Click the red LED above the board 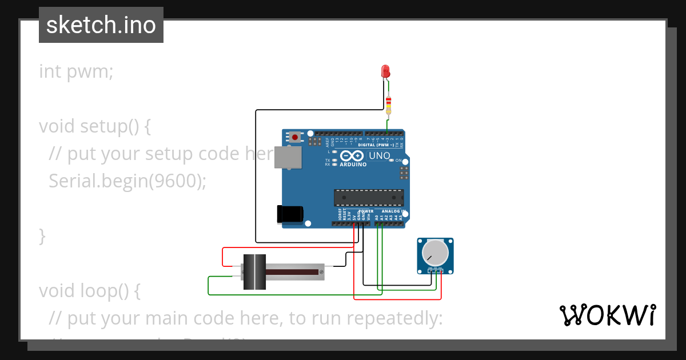[x=385, y=71]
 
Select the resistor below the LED [x=389, y=105]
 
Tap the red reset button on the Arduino [x=294, y=137]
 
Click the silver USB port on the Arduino [x=288, y=157]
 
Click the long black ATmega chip [x=369, y=198]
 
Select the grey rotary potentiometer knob [x=435, y=253]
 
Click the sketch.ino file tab [x=101, y=25]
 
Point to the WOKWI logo [x=607, y=315]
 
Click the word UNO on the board [x=379, y=155]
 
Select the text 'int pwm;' [x=76, y=71]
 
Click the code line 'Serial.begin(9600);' [x=127, y=181]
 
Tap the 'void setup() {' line [x=95, y=126]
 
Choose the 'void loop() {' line [x=90, y=290]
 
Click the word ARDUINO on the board [x=353, y=164]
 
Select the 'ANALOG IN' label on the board [x=393, y=211]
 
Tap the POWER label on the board [x=365, y=211]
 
